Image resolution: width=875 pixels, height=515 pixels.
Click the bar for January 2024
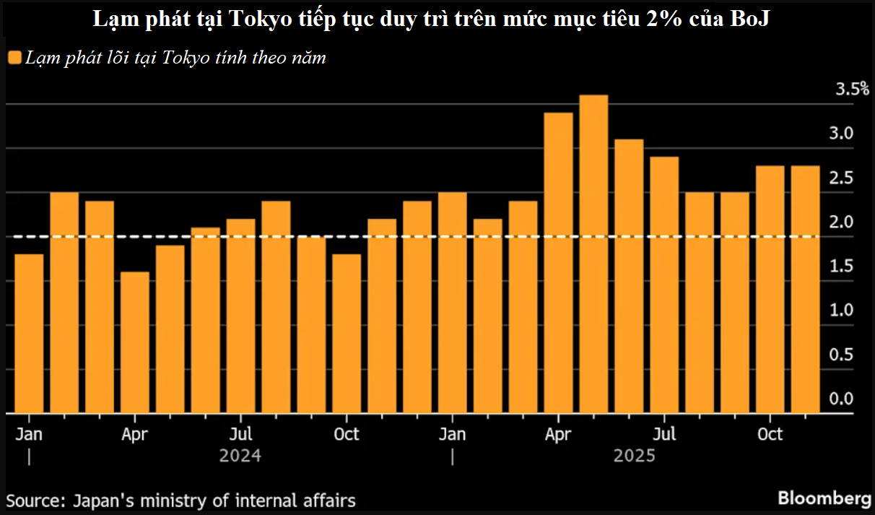[x=29, y=334]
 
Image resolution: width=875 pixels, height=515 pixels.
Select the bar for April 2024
[x=135, y=342]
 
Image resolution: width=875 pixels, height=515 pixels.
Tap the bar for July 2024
[x=240, y=316]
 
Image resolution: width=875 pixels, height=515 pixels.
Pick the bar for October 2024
[x=347, y=334]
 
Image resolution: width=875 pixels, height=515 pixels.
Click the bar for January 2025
[x=453, y=303]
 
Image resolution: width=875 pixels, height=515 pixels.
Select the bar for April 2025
[x=558, y=263]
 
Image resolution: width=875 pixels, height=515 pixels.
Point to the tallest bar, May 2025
[x=593, y=254]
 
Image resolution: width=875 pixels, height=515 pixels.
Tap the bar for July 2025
[x=664, y=285]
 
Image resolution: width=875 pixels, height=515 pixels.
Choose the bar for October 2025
[x=770, y=290]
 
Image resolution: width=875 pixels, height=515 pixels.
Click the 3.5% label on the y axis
[x=852, y=90]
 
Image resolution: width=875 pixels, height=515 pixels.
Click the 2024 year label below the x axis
[x=240, y=456]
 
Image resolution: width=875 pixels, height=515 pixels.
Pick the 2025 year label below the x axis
[x=635, y=456]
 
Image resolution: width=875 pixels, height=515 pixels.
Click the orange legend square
[x=14, y=58]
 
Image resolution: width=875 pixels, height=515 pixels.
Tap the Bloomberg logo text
[x=824, y=498]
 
